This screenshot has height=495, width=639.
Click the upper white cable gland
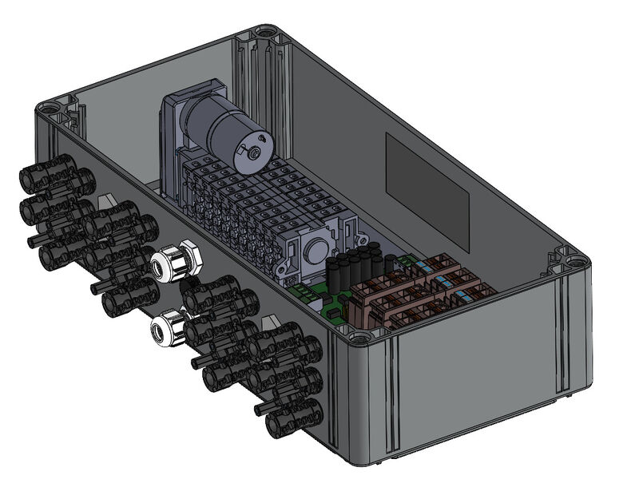(x=175, y=261)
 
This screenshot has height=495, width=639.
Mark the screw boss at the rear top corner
(x=264, y=34)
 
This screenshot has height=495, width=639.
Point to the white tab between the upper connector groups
(x=106, y=201)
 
